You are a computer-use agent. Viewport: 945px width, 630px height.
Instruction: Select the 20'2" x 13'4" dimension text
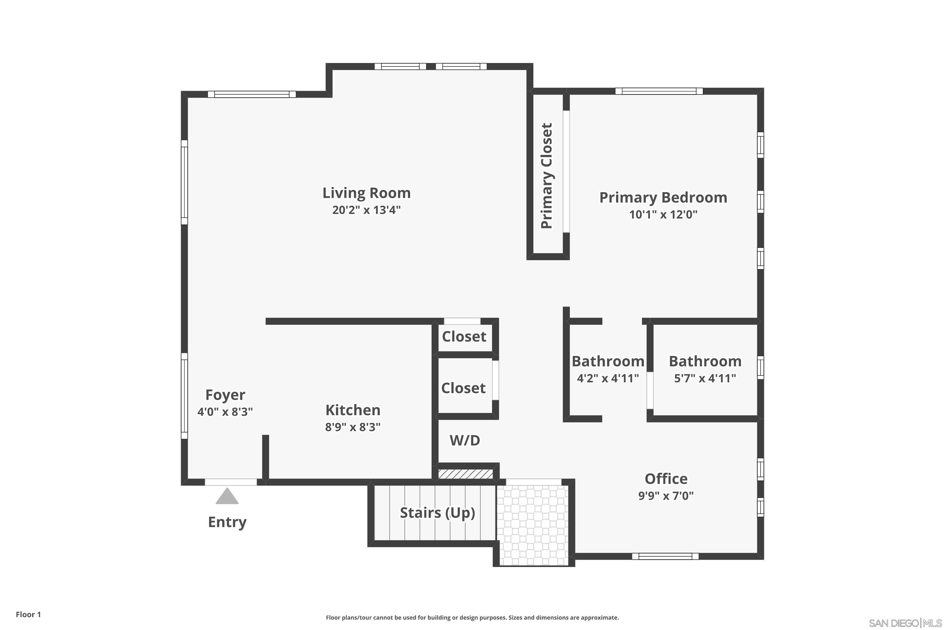(x=366, y=210)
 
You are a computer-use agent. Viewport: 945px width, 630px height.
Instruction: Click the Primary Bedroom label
(x=663, y=198)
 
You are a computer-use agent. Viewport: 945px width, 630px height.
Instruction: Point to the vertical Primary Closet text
(x=547, y=176)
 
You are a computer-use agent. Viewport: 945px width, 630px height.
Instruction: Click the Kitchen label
(x=353, y=410)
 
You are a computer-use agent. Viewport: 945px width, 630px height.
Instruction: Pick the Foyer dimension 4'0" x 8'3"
(x=225, y=412)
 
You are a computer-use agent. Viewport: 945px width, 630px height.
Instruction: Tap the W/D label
(x=465, y=440)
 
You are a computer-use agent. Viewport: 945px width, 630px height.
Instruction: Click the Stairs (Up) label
(x=438, y=513)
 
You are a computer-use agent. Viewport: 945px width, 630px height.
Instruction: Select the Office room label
(x=666, y=479)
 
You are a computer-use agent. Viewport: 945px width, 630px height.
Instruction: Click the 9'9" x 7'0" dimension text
(x=666, y=496)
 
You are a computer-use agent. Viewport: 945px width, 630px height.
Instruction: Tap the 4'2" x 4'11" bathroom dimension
(x=608, y=378)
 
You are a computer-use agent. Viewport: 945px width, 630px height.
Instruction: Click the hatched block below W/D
(x=465, y=474)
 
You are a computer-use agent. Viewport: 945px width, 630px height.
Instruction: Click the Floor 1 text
(x=28, y=614)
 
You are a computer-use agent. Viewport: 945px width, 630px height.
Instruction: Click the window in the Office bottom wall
(x=665, y=556)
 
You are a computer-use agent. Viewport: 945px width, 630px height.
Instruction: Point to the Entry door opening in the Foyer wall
(x=231, y=482)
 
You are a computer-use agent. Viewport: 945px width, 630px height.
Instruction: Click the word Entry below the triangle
(x=227, y=522)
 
